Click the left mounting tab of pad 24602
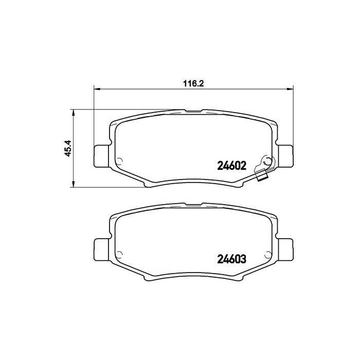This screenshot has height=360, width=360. pos(101,155)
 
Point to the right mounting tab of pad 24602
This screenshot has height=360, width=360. pos(285,155)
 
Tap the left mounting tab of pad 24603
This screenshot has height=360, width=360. pos(101,250)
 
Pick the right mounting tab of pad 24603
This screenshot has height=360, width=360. pos(285,250)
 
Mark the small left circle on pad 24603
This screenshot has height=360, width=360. pos(119,254)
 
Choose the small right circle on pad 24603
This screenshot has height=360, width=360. pos(267,254)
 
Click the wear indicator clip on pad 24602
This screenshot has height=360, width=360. pos(266,163)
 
